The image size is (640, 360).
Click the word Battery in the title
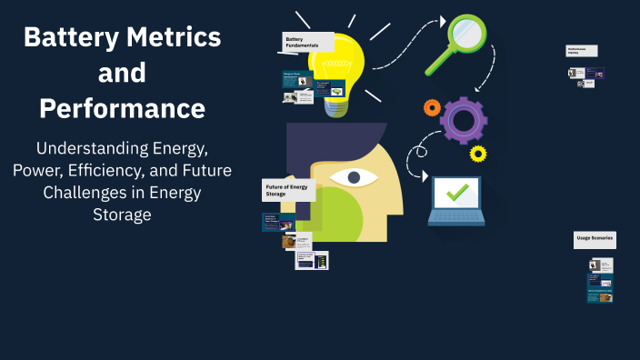pos(67,37)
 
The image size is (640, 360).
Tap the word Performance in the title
pos(122,108)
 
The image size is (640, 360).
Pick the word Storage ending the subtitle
pos(122,215)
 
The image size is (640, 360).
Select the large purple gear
pos(464,120)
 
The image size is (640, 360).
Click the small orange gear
pos(432,108)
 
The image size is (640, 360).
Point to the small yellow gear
pos(477,153)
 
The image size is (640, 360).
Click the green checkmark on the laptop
pos(456,192)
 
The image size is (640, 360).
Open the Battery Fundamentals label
pos(299,42)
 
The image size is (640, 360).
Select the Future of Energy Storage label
pos(288,190)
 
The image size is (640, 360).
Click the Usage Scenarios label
pos(595,239)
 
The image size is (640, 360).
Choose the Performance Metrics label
pos(581,51)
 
